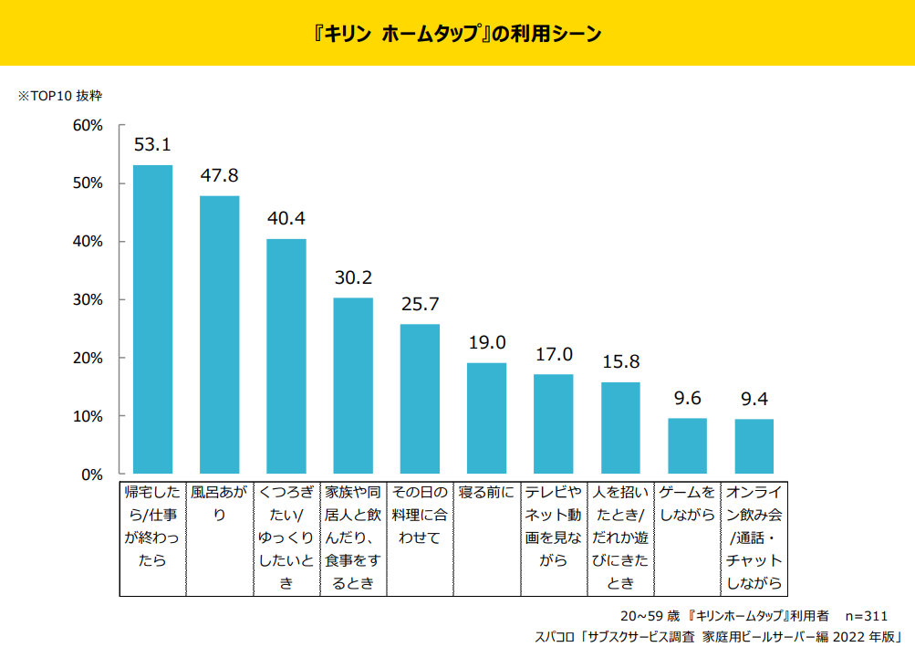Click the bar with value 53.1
pos(152,319)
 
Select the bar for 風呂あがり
pos(220,335)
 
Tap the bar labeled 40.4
pos(286,357)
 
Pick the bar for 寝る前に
pos(486,419)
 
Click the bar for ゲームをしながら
pos(687,446)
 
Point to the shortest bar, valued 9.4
pos(754,447)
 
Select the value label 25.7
pos(420,304)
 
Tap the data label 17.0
pos(554,354)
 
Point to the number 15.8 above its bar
pos(620,361)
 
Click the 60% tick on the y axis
pos(88,125)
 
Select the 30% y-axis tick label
pos(88,300)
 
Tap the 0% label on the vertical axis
pos(92,475)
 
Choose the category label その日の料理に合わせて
pos(420,515)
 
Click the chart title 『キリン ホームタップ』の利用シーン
pos(457,34)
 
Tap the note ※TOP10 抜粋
pos(61,95)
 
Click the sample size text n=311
pos(866,616)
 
